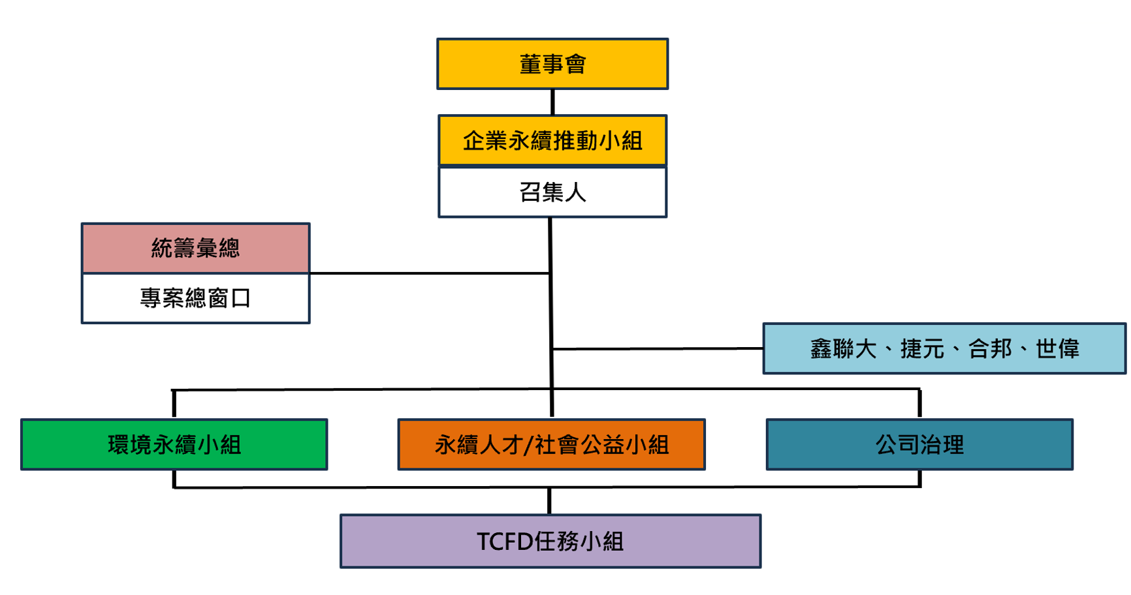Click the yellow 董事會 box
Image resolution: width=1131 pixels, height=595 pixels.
point(552,64)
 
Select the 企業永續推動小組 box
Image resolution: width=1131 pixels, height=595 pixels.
point(552,140)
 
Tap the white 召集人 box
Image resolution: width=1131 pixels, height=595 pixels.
point(552,192)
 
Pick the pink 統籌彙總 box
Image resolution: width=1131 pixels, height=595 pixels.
point(195,248)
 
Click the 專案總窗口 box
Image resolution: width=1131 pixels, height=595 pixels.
point(195,298)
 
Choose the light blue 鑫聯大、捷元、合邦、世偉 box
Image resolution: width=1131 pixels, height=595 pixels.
point(944,348)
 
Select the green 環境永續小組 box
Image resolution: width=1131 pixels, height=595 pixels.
point(174,444)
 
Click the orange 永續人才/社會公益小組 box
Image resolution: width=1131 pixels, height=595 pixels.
point(551,444)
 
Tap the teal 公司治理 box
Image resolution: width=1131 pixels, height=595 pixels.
point(919,444)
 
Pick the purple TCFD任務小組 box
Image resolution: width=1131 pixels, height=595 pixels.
point(550,541)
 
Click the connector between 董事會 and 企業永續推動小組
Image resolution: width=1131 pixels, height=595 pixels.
point(552,102)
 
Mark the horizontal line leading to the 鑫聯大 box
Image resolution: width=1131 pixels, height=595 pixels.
point(656,349)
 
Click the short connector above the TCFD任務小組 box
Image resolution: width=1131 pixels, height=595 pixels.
point(549,501)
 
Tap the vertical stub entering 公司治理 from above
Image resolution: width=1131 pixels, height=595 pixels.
point(919,404)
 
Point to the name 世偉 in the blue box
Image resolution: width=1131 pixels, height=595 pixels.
point(1057,349)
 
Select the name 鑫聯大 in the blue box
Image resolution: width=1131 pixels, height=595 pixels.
point(843,349)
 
